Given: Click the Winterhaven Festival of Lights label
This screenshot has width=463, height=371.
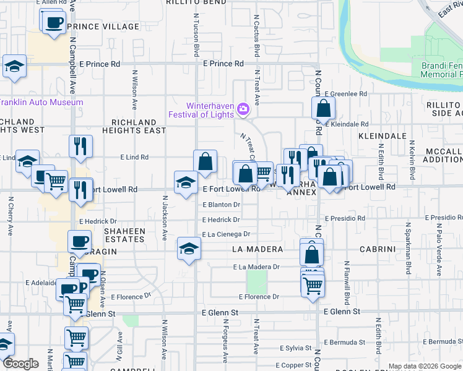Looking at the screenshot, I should click(202, 109).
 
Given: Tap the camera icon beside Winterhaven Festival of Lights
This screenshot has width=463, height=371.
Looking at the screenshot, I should click(243, 109).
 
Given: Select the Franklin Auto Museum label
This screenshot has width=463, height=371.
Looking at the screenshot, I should click(41, 102).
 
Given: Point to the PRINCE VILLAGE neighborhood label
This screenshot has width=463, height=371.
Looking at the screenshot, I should click(103, 27).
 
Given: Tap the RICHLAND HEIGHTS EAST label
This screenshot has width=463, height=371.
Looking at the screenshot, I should click(138, 126).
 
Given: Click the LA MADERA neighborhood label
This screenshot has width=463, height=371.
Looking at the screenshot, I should click(257, 249).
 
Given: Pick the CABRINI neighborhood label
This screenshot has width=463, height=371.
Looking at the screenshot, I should click(378, 249).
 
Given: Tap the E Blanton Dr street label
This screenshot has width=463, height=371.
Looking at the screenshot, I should click(221, 205).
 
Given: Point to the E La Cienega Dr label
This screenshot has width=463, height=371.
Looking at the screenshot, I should click(226, 234).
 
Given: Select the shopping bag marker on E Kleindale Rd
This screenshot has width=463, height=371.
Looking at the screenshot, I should click(324, 109).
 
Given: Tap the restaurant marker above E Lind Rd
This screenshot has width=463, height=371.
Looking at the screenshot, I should click(80, 146).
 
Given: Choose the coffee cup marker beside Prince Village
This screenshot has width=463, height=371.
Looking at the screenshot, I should click(54, 22).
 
